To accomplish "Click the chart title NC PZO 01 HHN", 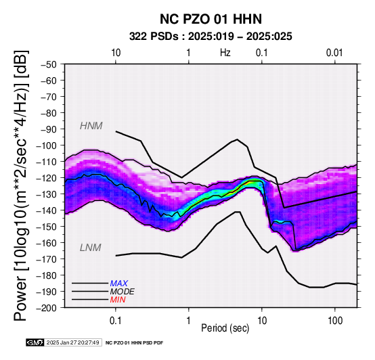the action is pos(211,19).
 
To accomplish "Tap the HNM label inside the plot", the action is pos(91,126).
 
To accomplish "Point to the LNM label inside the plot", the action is pos(91,248).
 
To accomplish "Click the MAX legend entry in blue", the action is pos(118,284).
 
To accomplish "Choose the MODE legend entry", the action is pos(123,292).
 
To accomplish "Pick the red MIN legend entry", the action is pos(118,300).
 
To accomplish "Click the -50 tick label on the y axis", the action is pos(49,64).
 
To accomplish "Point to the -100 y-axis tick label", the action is pos(47,145).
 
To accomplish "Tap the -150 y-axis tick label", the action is pos(47,227).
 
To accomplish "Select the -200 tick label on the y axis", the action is pos(47,308).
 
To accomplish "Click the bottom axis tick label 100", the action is pos(335,321).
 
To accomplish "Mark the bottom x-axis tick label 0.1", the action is pos(115,321).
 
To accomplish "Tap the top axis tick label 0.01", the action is pos(334,53).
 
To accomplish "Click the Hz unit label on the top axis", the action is pos(225,53).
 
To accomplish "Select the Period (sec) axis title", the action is pos(225,328).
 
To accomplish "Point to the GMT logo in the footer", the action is pos(35,342).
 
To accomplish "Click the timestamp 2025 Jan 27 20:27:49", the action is pos(72,342).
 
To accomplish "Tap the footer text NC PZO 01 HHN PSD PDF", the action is pos(135,343).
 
